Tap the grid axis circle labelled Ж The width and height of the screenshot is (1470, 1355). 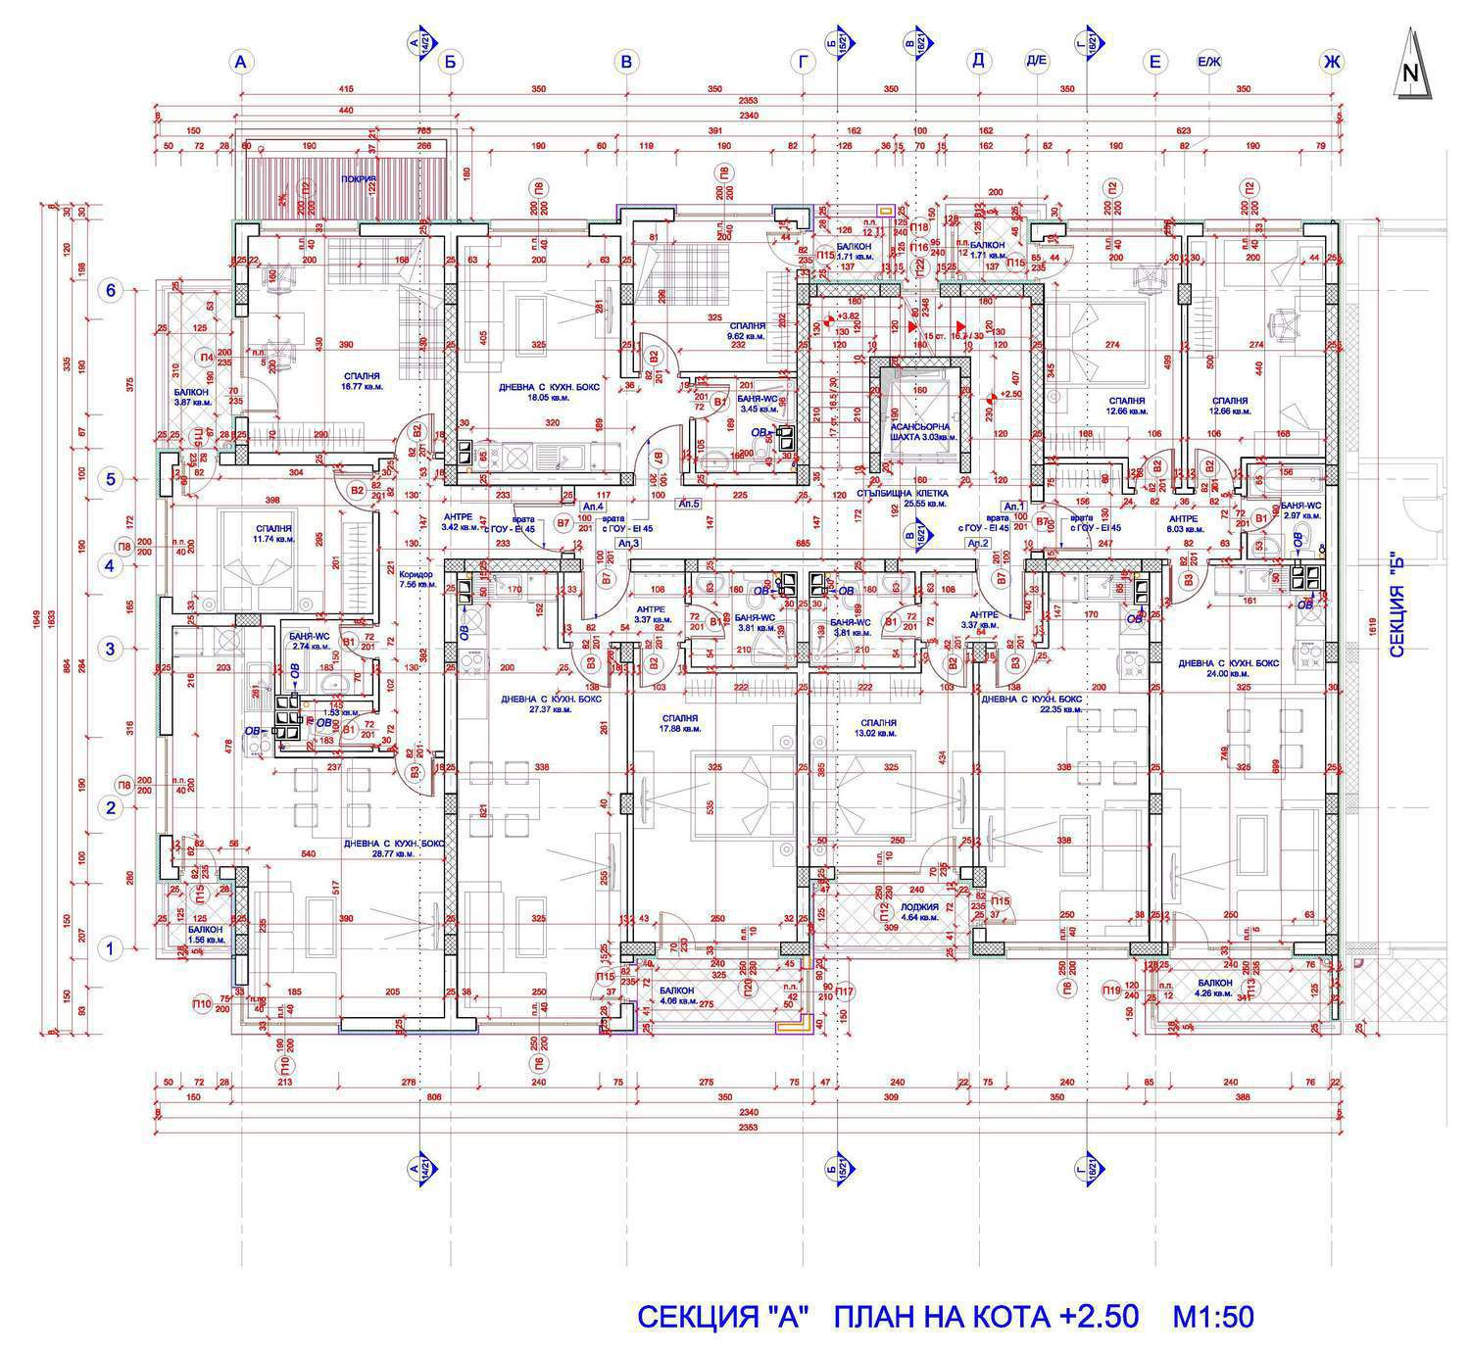click(1331, 63)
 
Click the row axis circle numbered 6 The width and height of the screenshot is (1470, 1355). click(111, 290)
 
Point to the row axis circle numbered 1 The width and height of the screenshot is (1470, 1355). click(111, 948)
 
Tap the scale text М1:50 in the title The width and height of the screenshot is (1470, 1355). click(1213, 1316)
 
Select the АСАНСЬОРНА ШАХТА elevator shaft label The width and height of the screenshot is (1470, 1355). click(918, 433)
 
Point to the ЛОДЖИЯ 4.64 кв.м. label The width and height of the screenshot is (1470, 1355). click(920, 912)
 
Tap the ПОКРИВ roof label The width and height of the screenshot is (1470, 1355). click(359, 179)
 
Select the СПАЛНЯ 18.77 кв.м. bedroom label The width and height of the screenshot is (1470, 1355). click(363, 381)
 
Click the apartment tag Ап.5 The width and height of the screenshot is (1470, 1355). click(690, 503)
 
